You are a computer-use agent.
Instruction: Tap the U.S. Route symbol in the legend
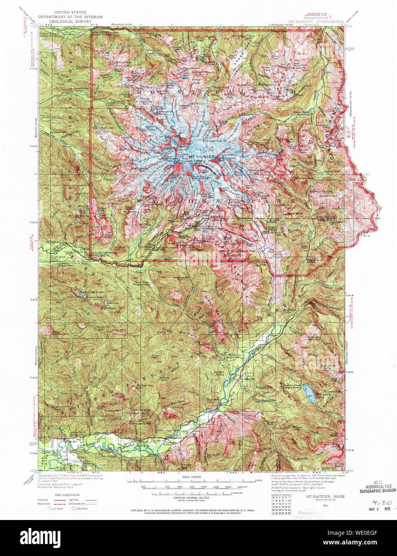click(50, 509)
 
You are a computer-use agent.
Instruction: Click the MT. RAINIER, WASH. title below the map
click(321, 496)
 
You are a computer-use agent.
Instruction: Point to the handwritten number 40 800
click(382, 502)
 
